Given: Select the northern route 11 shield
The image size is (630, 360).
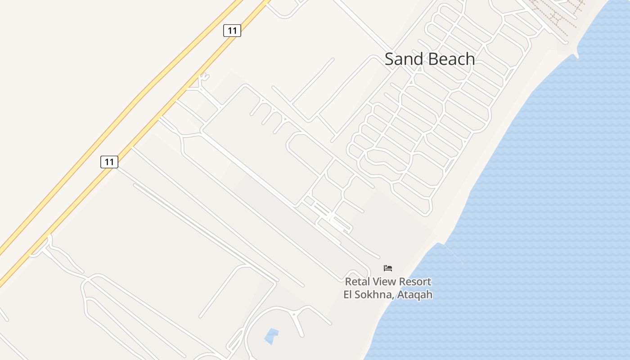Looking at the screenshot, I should click(232, 31).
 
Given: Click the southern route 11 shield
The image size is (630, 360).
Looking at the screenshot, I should click(109, 162).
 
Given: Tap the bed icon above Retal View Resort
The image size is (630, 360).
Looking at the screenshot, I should click(388, 268).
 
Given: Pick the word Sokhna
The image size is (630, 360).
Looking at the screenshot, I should click(373, 295).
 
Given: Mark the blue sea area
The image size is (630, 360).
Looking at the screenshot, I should click(540, 202).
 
